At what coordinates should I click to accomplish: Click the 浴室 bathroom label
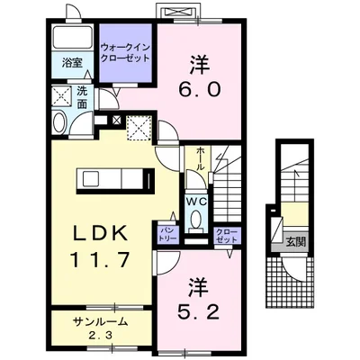72,63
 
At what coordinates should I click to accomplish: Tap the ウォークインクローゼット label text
125,52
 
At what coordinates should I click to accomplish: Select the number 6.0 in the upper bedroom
200,89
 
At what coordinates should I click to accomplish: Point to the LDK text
100,234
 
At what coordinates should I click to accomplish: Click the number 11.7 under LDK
100,259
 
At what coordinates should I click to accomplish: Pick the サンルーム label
100,322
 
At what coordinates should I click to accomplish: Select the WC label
197,202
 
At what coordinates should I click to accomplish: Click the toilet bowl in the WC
196,219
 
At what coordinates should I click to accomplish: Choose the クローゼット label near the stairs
227,235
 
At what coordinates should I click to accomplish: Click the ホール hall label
199,158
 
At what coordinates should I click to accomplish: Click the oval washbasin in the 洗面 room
59,122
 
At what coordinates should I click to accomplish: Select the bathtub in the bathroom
72,37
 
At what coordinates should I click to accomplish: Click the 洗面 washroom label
81,97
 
